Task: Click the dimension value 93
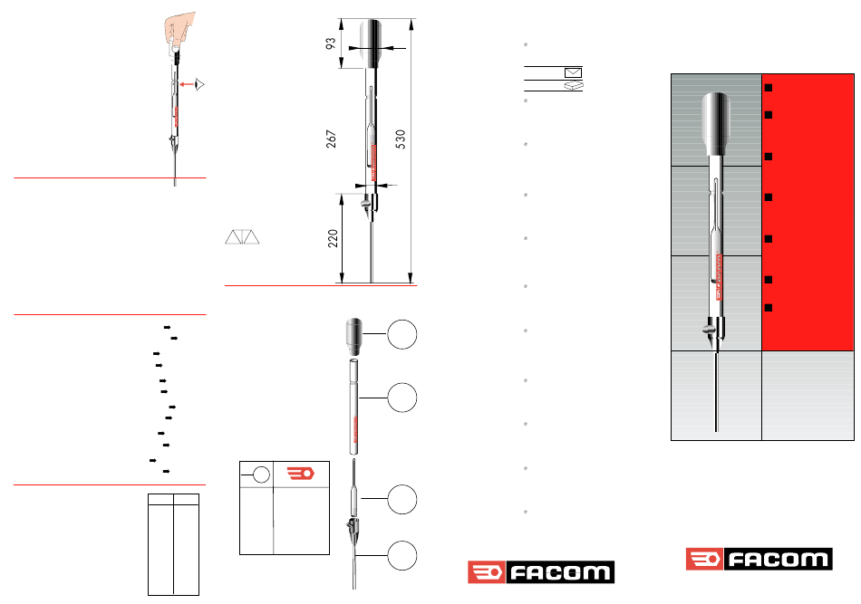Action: pyautogui.click(x=331, y=43)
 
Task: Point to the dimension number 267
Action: pyautogui.click(x=331, y=139)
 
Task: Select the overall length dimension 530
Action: pyautogui.click(x=401, y=139)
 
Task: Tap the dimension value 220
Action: pyautogui.click(x=333, y=239)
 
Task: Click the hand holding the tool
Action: pyautogui.click(x=180, y=33)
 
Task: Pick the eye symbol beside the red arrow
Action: pyautogui.click(x=200, y=84)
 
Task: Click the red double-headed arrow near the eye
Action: pyautogui.click(x=187, y=84)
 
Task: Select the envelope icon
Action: pyautogui.click(x=574, y=72)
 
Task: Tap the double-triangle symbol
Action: pyautogui.click(x=242, y=237)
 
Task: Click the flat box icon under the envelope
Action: pyautogui.click(x=574, y=86)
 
